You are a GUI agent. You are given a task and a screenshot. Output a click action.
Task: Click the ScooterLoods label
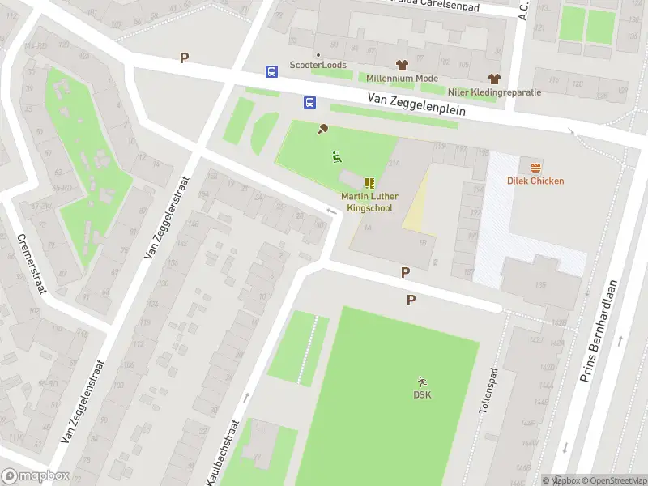pyautogui.click(x=319, y=65)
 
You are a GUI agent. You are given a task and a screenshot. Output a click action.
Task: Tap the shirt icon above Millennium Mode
pyautogui.click(x=401, y=64)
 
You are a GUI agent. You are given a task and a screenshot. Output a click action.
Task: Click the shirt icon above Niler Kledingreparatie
pyautogui.click(x=494, y=78)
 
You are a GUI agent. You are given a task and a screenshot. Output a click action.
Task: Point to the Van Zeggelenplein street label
pyautogui.click(x=416, y=104)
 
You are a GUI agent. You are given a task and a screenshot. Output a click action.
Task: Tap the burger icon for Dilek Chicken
pyautogui.click(x=535, y=167)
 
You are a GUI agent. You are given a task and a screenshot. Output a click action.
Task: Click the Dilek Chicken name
pyautogui.click(x=535, y=181)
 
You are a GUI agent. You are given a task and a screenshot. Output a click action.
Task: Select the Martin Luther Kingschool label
pyautogui.click(x=369, y=202)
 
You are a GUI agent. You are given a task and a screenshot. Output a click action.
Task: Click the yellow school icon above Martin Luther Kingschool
pyautogui.click(x=369, y=183)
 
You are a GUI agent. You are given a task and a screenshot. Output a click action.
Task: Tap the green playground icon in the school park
pyautogui.click(x=336, y=156)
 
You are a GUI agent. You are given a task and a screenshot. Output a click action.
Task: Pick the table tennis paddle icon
pyautogui.click(x=323, y=128)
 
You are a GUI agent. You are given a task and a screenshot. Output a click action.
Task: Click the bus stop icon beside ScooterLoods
pyautogui.click(x=271, y=71)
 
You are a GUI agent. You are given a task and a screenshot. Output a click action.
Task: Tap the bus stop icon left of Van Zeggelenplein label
pyautogui.click(x=310, y=102)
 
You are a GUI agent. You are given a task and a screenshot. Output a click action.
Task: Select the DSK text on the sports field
pyautogui.click(x=422, y=395)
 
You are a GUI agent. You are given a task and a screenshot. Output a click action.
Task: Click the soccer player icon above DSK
pyautogui.click(x=422, y=381)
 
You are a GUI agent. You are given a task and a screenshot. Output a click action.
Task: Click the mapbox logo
pyautogui.click(x=36, y=476)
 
